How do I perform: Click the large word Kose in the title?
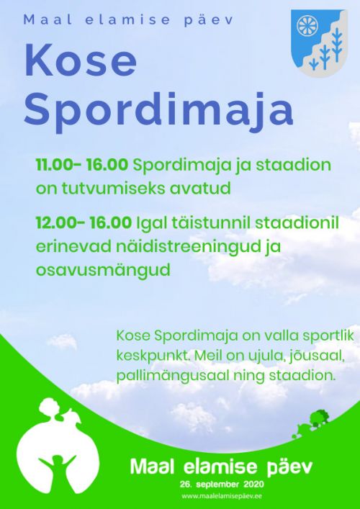[80, 60]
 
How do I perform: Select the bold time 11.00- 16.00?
[82, 166]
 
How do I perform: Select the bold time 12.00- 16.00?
[84, 223]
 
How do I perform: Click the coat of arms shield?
[319, 43]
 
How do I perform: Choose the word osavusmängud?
[103, 271]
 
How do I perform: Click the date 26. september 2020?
[222, 485]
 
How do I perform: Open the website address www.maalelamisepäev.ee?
[222, 496]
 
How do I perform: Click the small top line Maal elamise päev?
[129, 20]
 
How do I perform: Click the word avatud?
[212, 189]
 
